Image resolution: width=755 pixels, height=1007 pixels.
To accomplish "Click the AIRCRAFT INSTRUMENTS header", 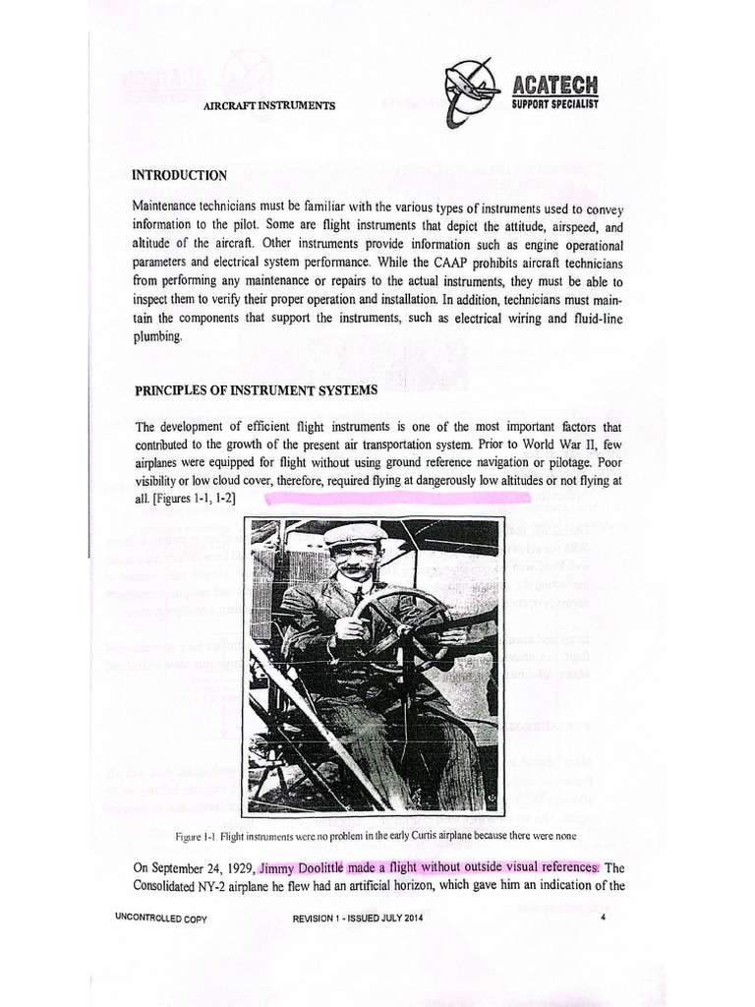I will (x=269, y=105).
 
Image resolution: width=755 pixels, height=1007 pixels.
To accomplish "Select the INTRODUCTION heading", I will (x=180, y=175).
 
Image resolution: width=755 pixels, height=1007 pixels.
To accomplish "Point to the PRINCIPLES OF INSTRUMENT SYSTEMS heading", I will (x=256, y=389).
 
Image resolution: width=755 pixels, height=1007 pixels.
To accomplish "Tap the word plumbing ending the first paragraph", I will (x=157, y=335).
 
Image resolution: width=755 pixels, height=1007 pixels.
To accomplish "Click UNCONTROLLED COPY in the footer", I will (x=160, y=919).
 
